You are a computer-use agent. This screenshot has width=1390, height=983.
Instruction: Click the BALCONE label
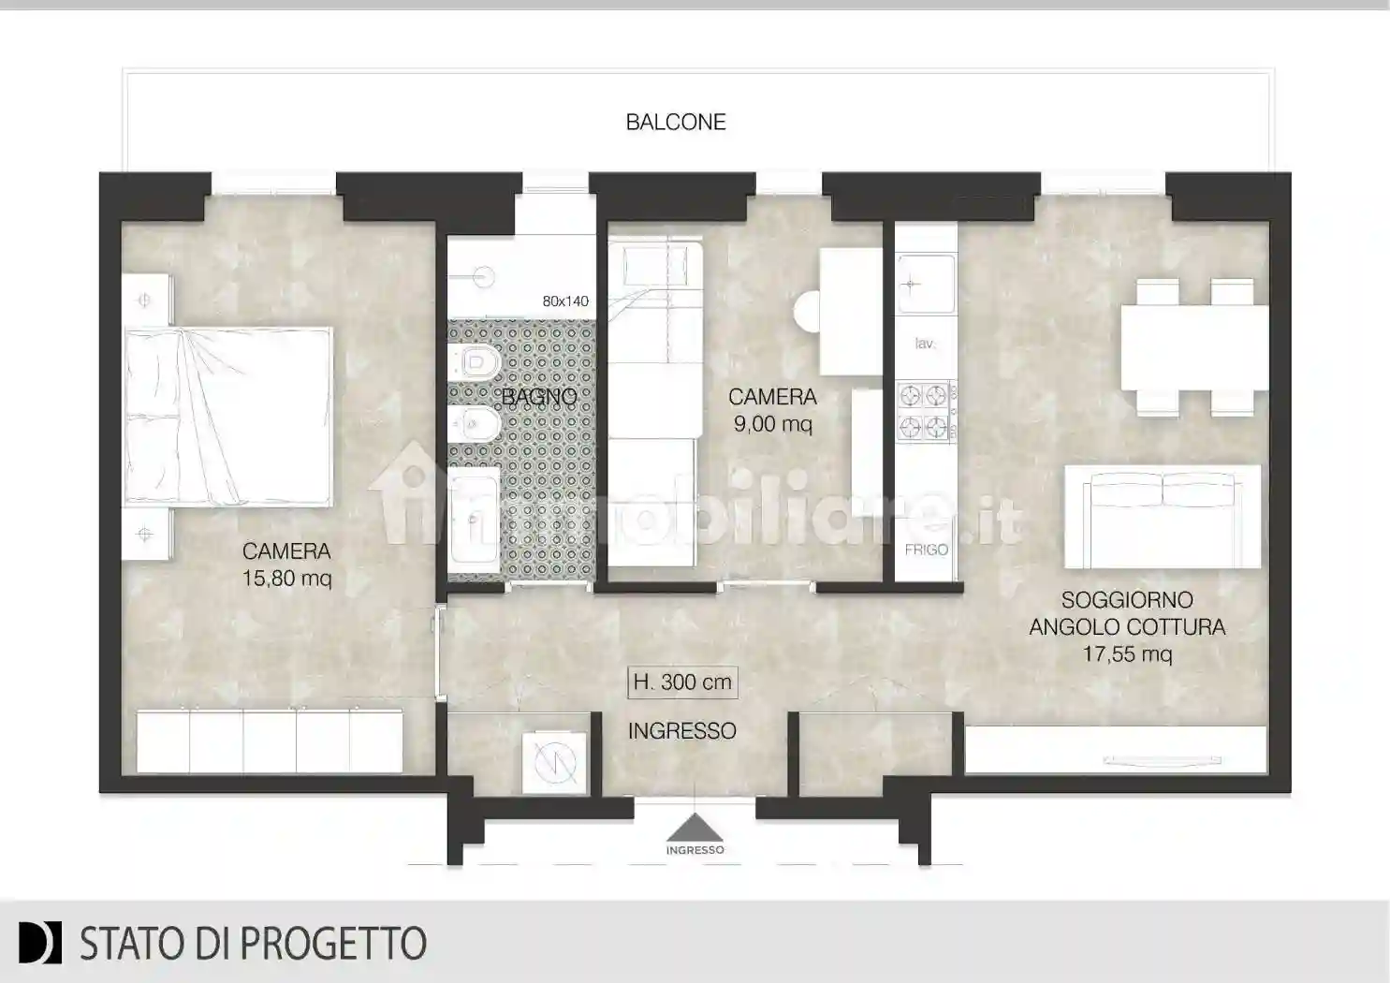676,122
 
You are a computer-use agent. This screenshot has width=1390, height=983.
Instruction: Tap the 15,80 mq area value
286,579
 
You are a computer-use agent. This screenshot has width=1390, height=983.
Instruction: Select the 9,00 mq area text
772,424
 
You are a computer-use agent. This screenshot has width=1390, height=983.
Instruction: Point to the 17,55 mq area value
1127,654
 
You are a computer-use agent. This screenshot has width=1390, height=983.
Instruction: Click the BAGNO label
539,397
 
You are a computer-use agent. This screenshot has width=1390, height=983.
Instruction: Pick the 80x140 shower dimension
565,301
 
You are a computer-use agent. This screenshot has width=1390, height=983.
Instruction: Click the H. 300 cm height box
682,682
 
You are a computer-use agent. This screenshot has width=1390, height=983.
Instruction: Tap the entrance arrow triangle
695,828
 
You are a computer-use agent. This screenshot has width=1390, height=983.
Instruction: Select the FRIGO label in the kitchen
926,550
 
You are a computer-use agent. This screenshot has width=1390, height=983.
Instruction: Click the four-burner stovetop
924,411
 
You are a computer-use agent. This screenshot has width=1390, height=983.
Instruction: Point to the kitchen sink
924,283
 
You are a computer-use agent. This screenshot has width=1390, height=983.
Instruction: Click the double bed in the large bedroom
229,416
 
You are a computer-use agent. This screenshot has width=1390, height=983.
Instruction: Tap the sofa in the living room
1163,518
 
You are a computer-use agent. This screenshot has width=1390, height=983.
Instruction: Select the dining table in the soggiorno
1193,347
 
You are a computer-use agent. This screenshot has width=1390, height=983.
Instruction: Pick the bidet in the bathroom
473,427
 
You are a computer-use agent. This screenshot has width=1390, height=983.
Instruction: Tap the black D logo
40,943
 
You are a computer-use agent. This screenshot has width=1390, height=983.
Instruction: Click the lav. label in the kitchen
925,344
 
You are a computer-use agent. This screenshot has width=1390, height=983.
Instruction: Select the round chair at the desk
807,310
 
